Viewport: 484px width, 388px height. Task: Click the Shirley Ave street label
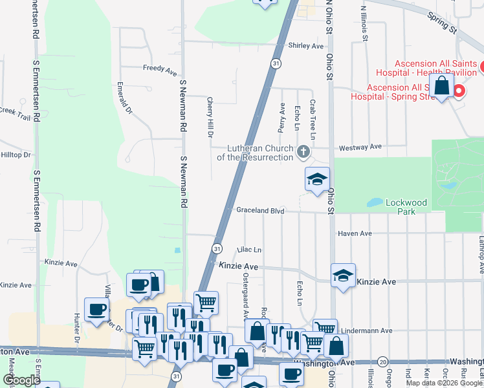(305, 46)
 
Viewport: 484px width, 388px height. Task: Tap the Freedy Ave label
(160, 68)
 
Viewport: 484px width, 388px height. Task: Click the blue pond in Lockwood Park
(375, 202)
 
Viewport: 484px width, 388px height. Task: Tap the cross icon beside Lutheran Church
(303, 153)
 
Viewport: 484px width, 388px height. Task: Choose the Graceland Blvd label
(260, 210)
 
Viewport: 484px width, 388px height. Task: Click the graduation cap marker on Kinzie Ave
(343, 275)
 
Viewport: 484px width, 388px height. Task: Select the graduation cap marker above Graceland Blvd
(317, 179)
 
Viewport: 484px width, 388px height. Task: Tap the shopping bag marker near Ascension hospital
(441, 85)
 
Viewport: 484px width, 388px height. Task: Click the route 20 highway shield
(383, 361)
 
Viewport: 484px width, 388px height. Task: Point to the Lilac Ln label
(249, 250)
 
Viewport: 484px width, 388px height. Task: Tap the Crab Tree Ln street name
(312, 120)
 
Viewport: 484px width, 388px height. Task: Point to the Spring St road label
(442, 22)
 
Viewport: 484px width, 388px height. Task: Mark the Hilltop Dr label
(16, 155)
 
